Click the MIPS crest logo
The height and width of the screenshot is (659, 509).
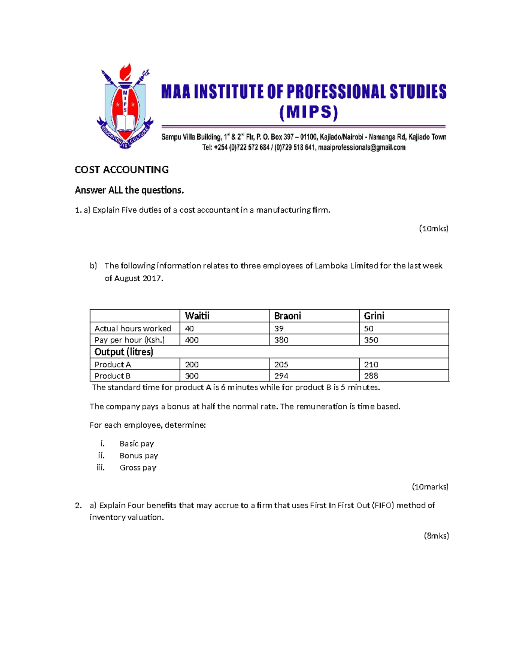125,107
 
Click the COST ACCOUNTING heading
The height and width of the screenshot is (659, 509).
122,170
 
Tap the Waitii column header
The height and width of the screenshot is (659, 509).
197,316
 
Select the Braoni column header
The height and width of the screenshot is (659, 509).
287,316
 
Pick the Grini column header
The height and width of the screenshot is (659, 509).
374,316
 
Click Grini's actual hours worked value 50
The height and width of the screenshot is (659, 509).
369,328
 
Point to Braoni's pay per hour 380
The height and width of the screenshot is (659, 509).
281,340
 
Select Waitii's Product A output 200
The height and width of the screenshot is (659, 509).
192,365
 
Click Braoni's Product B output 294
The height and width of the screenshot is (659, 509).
281,376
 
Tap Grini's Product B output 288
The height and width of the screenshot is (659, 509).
371,376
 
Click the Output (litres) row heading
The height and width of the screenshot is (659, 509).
123,352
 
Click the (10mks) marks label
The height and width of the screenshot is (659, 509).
433,229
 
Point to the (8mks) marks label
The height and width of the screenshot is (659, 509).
436,536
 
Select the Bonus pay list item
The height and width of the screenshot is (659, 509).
139,456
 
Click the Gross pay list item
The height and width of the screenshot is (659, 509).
138,468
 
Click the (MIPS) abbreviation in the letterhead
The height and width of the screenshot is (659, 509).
309,112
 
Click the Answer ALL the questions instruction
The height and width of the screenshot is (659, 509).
129,190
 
